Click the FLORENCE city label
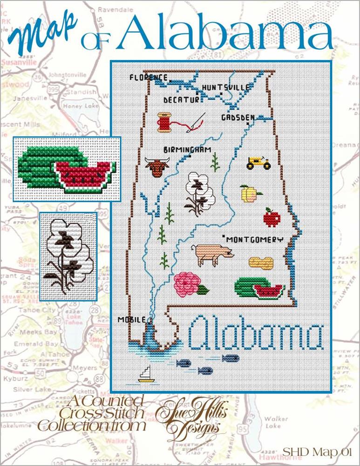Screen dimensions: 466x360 point(148,77)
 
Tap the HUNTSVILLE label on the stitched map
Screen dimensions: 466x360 point(226,87)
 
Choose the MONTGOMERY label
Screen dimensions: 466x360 point(255,240)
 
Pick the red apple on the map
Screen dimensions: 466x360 point(270,217)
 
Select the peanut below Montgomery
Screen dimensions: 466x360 point(259,262)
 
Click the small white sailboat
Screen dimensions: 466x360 point(146,375)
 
